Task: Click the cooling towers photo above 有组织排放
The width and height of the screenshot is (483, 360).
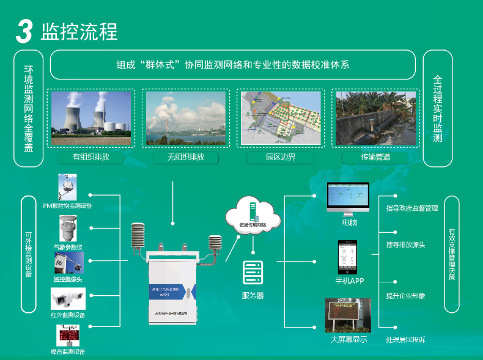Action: pos(90,119)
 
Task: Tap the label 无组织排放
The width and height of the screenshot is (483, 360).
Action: pos(186,158)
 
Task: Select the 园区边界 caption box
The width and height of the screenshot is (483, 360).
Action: pos(280,158)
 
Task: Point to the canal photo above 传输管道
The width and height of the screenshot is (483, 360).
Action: pos(375,119)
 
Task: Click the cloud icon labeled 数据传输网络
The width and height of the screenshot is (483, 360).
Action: pos(253,217)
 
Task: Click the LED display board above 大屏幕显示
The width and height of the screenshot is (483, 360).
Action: pos(348,314)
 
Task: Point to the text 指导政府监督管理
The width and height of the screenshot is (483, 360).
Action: pos(411,208)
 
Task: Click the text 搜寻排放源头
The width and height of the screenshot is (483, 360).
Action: pos(405,244)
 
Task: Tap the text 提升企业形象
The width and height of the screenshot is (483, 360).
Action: pos(405,296)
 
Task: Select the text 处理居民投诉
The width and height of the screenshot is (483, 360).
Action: pos(405,340)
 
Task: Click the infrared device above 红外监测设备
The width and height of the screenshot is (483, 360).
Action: pos(68,298)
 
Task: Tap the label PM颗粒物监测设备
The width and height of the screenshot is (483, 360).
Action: pos(68,206)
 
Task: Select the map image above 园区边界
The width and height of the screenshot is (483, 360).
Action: pos(281,119)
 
